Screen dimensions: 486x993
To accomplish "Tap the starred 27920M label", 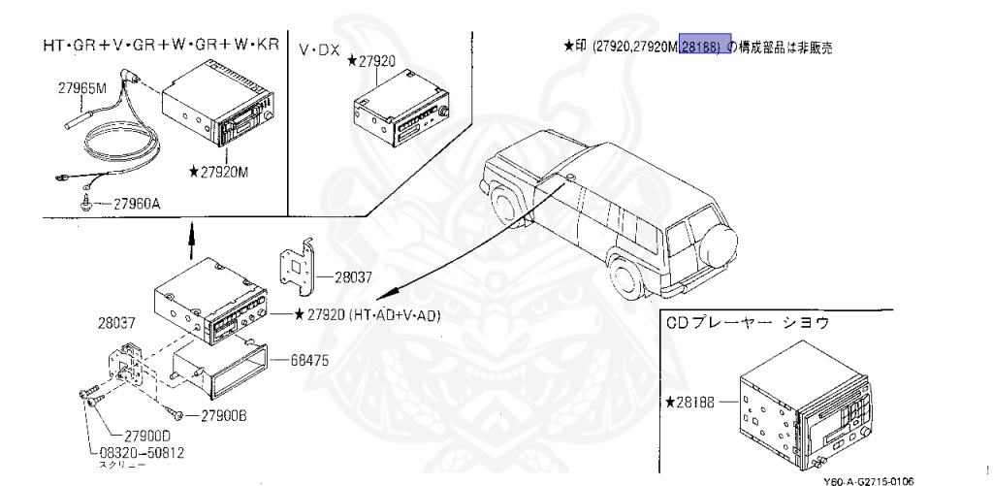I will [220, 172].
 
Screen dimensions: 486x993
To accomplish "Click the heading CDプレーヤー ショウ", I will [749, 322].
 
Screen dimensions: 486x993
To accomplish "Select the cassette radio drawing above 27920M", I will [222, 110].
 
